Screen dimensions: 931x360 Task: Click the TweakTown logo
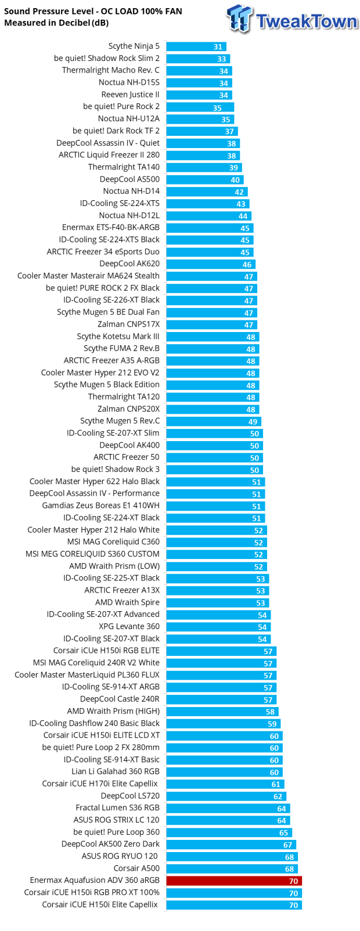tap(292, 19)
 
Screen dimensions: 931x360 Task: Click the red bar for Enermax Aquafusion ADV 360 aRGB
tap(233, 881)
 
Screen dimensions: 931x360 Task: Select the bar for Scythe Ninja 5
tap(196, 46)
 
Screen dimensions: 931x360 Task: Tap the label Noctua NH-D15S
tap(129, 82)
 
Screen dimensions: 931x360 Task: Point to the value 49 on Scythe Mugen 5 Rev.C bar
tap(253, 421)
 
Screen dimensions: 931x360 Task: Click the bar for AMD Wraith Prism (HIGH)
tap(222, 712)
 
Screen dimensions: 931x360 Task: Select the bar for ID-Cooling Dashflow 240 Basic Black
tap(223, 724)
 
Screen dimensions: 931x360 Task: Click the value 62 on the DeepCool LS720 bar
tap(278, 796)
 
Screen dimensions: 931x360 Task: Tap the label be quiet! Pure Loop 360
tap(116, 832)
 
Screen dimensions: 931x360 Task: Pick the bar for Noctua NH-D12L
tap(208, 216)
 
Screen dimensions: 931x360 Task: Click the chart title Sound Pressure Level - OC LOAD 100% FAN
tap(93, 11)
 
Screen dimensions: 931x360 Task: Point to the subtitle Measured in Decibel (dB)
tap(56, 23)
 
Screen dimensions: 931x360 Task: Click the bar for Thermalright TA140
tap(204, 167)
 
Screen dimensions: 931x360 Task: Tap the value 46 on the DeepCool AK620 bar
tap(247, 264)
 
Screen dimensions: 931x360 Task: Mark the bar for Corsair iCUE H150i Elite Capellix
tap(233, 905)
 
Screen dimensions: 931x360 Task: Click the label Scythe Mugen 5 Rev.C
tap(120, 421)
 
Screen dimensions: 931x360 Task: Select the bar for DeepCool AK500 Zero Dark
tap(231, 845)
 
